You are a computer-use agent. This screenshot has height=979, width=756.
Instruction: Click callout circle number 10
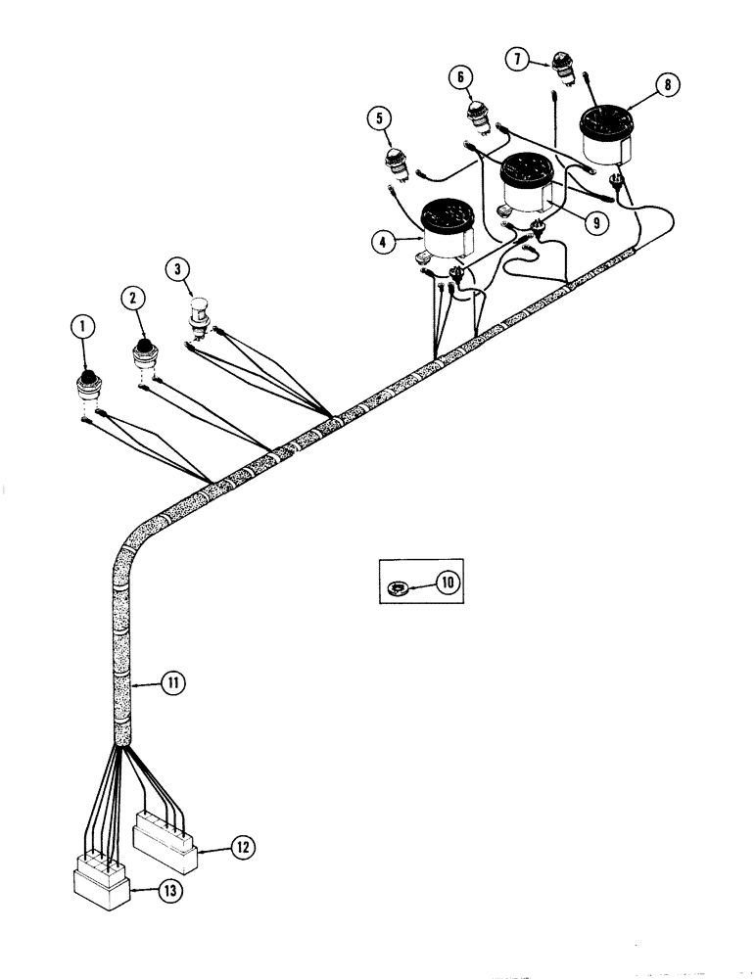click(x=447, y=583)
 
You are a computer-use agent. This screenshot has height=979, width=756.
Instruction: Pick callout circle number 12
click(x=244, y=844)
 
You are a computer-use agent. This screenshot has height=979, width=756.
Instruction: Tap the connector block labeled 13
click(x=102, y=884)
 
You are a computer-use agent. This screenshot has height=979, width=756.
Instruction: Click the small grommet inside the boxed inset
click(x=400, y=585)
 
